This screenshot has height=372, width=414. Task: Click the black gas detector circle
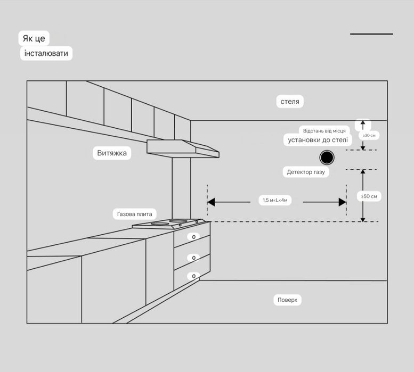tap(327, 158)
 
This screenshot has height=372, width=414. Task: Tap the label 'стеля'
tap(290, 101)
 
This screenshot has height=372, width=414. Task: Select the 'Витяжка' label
tap(112, 153)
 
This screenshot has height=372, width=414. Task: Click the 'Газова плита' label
tap(135, 214)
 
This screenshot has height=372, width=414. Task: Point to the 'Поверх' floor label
tap(288, 300)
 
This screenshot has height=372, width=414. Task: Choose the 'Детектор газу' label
tap(305, 172)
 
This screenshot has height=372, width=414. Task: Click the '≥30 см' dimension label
tap(369, 135)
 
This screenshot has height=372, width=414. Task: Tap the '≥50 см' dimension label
tap(369, 196)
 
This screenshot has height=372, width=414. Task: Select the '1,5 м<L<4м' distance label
tap(275, 200)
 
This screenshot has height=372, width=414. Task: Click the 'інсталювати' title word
tap(46, 53)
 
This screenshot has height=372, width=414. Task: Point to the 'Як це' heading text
tap(35, 39)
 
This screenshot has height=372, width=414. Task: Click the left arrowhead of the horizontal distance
tap(211, 202)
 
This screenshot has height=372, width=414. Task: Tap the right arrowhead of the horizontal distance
tap(343, 202)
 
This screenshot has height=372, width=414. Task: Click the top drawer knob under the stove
tap(193, 237)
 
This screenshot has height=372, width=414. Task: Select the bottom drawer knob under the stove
tap(193, 276)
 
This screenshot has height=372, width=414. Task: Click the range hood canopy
tap(183, 148)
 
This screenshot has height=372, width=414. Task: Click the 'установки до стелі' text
tap(318, 140)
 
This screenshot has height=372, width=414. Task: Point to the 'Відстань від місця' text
tap(324, 130)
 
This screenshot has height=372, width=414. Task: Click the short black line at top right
tap(371, 34)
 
